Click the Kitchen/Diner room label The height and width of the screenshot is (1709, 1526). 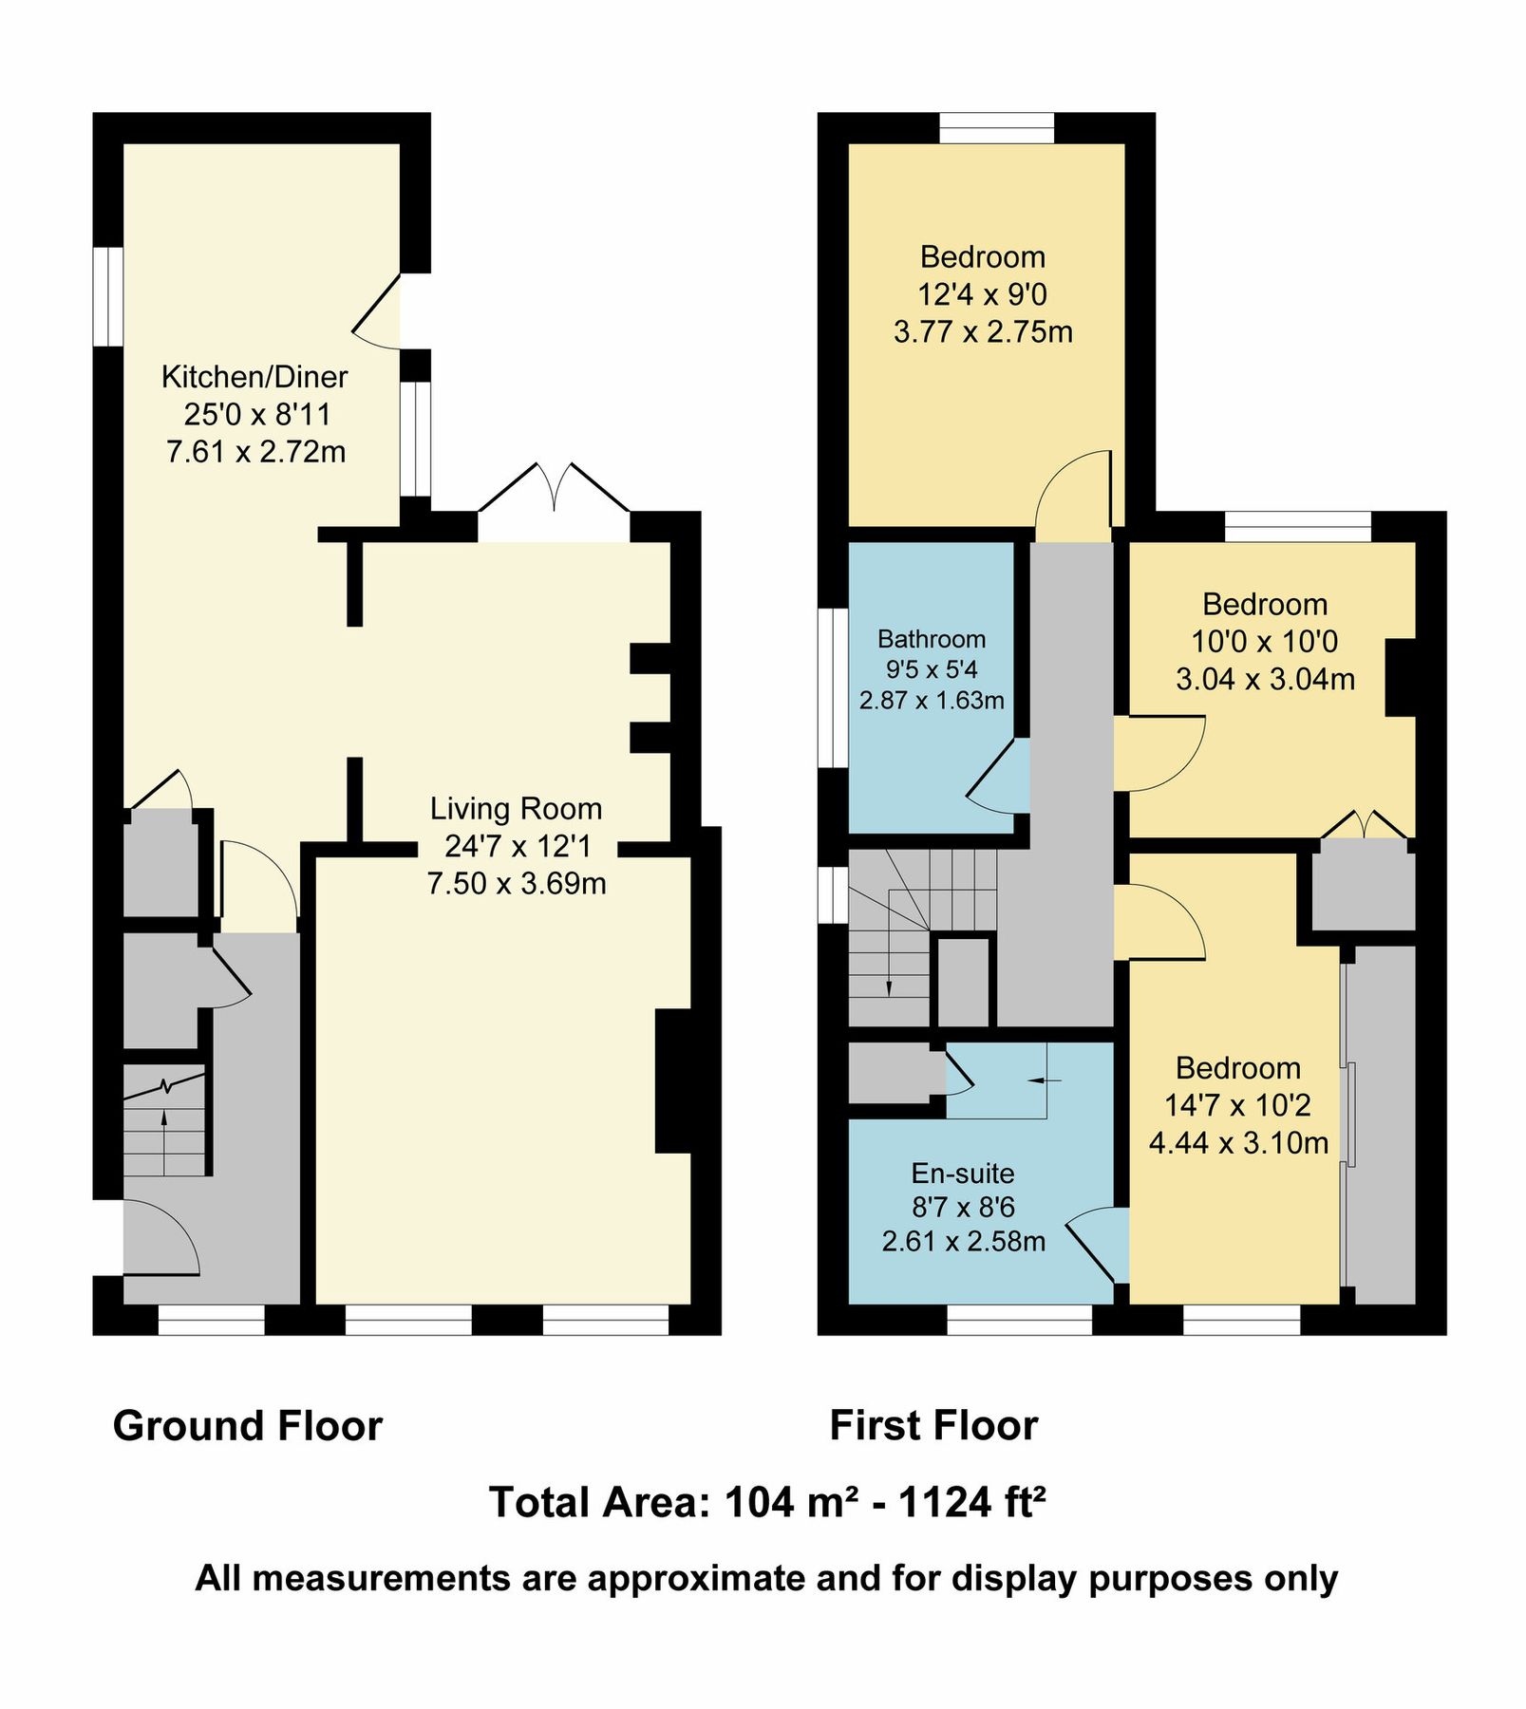click(254, 377)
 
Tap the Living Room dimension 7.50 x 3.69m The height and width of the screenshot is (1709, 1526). click(516, 884)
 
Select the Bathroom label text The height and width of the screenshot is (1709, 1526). click(931, 639)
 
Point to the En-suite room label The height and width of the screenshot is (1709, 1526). click(962, 1174)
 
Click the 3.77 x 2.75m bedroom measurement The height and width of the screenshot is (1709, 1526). click(983, 332)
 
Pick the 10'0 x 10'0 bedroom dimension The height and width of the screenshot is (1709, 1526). click(1264, 642)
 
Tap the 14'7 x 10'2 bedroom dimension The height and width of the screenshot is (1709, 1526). click(1237, 1105)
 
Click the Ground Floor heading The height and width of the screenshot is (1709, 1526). click(247, 1427)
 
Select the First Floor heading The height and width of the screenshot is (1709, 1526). click(933, 1427)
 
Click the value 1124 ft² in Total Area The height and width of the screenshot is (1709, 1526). click(971, 1503)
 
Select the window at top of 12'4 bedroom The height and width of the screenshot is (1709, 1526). click(996, 127)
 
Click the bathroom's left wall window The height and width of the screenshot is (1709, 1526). click(833, 687)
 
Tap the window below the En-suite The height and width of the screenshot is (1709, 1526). click(1019, 1320)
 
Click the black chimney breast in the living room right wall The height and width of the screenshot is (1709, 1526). click(673, 1080)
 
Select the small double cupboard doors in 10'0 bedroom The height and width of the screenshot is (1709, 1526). click(1364, 824)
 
